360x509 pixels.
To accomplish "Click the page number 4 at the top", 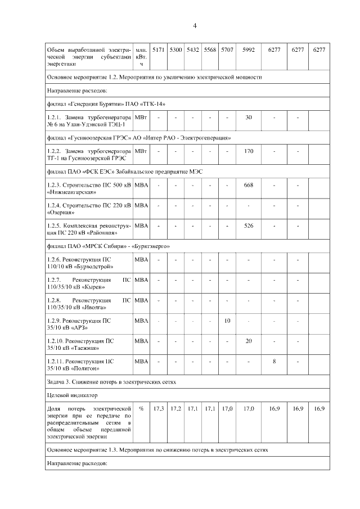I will [195, 26].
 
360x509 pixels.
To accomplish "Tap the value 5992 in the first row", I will [248, 50].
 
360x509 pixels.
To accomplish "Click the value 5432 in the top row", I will [192, 50].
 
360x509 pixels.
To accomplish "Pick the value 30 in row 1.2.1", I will [248, 117].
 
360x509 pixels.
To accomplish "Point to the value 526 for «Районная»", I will [248, 226].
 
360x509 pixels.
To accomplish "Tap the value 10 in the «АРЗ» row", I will [227, 320].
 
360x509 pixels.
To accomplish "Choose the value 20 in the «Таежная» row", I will [248, 341].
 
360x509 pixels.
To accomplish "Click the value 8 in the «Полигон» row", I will [274, 362].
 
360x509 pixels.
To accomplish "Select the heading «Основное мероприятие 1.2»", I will [155, 76].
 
